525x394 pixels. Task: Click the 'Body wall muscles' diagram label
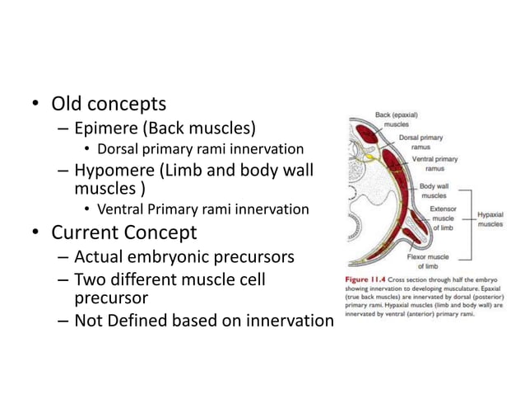(x=434, y=191)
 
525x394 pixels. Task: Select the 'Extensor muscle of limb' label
(x=444, y=218)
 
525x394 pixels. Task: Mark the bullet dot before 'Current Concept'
(x=35, y=233)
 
